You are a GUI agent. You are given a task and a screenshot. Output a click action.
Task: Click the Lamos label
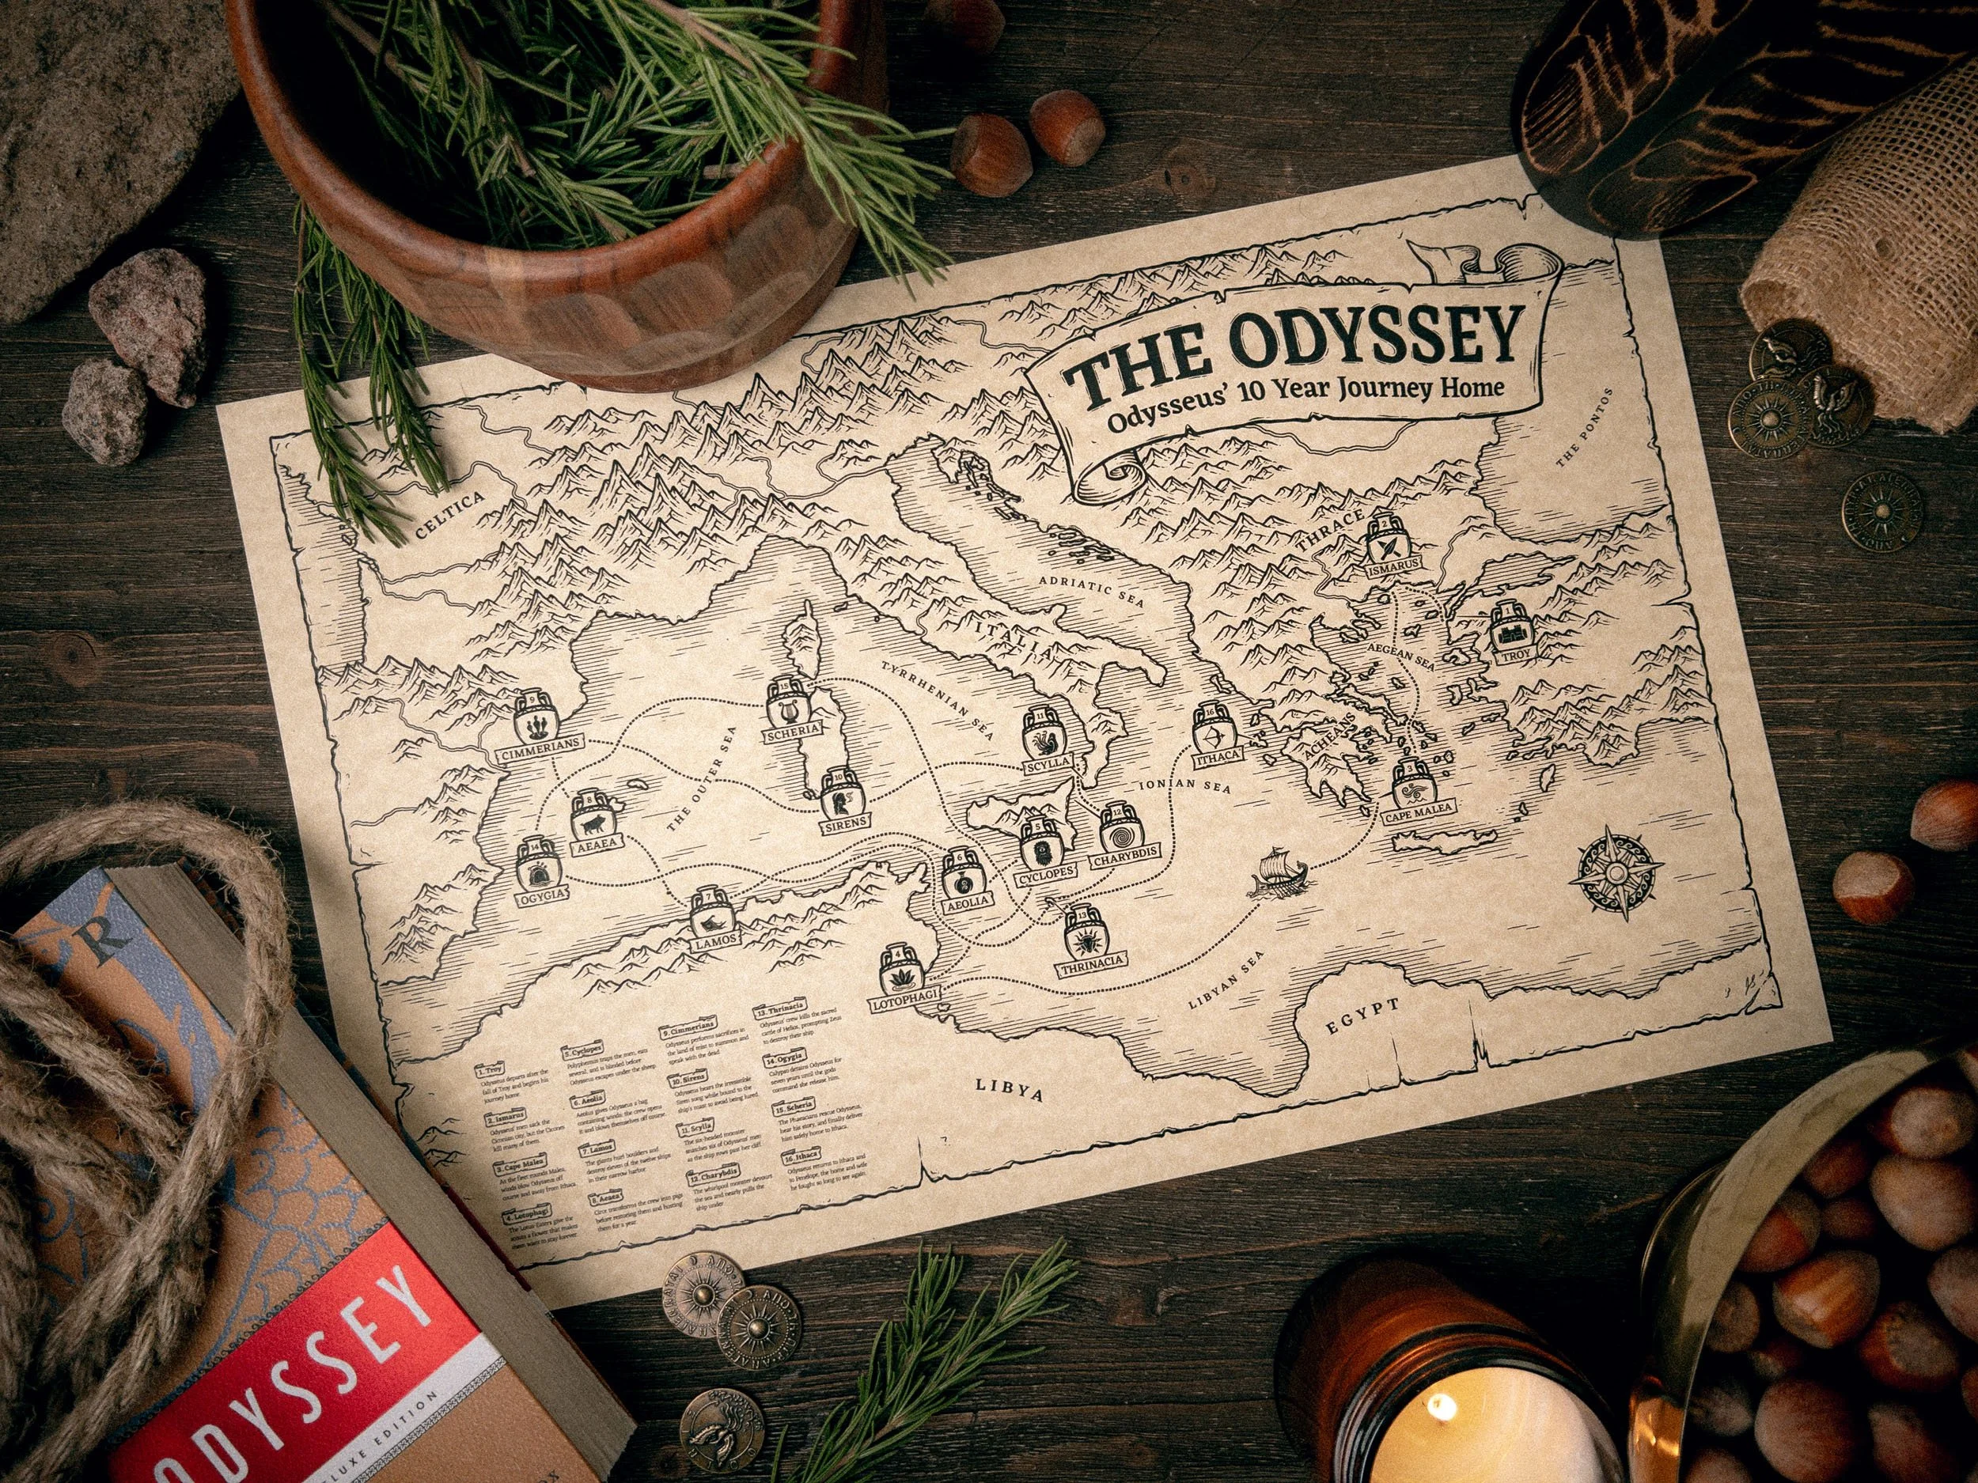[x=714, y=939]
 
